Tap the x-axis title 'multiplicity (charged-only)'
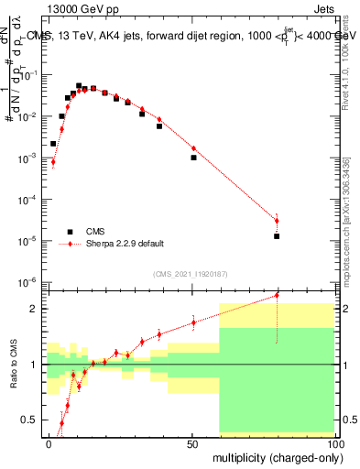pos(274,455)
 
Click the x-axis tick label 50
pos(192,443)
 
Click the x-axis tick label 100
pos(333,443)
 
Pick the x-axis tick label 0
pos(49,443)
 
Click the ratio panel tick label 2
pos(35,309)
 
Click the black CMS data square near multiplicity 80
pos(277,236)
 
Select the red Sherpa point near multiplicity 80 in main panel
pos(277,220)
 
